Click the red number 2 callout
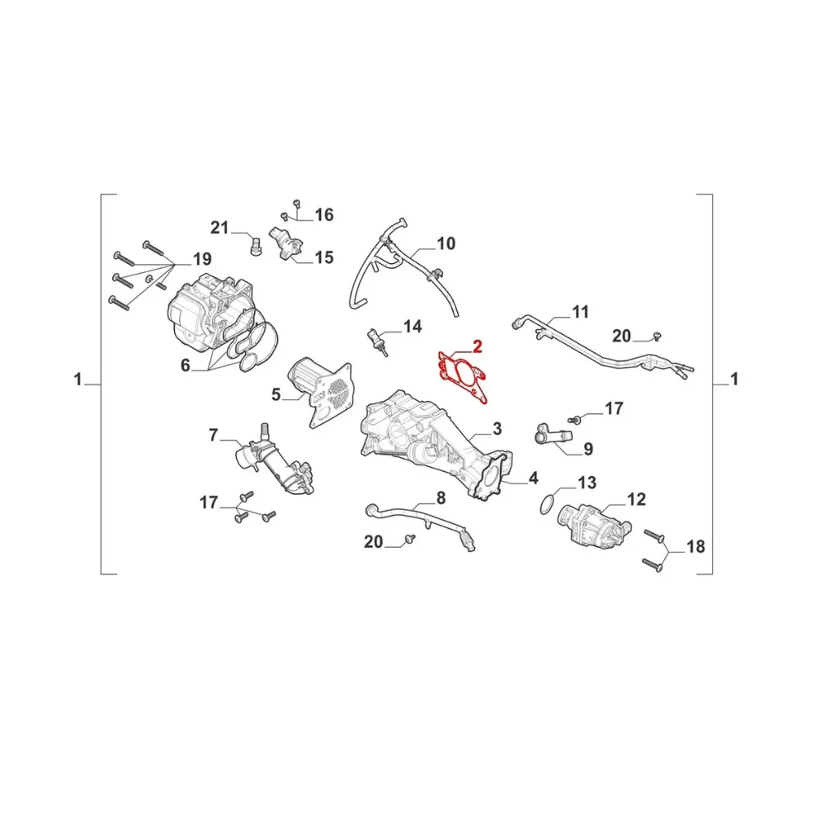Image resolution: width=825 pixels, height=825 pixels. pyautogui.click(x=477, y=346)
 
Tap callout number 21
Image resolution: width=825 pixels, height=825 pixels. pyautogui.click(x=219, y=228)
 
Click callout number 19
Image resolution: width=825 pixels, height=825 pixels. pyautogui.click(x=202, y=259)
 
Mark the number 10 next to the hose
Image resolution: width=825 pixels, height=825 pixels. pyautogui.click(x=445, y=243)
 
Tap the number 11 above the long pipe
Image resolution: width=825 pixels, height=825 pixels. pyautogui.click(x=580, y=312)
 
